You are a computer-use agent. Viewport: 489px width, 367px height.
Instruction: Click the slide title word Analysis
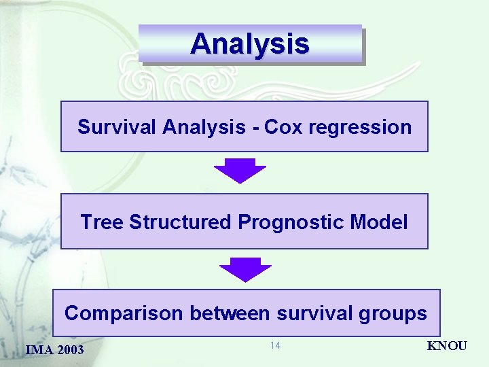point(250,44)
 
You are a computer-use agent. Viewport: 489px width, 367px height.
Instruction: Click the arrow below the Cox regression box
point(240,171)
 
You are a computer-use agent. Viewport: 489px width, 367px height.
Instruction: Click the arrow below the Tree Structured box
point(245,269)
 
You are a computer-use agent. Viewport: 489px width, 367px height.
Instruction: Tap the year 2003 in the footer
point(71,350)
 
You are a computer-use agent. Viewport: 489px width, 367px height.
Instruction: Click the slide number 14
point(275,346)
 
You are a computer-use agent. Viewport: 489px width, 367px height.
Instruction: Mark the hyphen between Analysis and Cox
point(256,128)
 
